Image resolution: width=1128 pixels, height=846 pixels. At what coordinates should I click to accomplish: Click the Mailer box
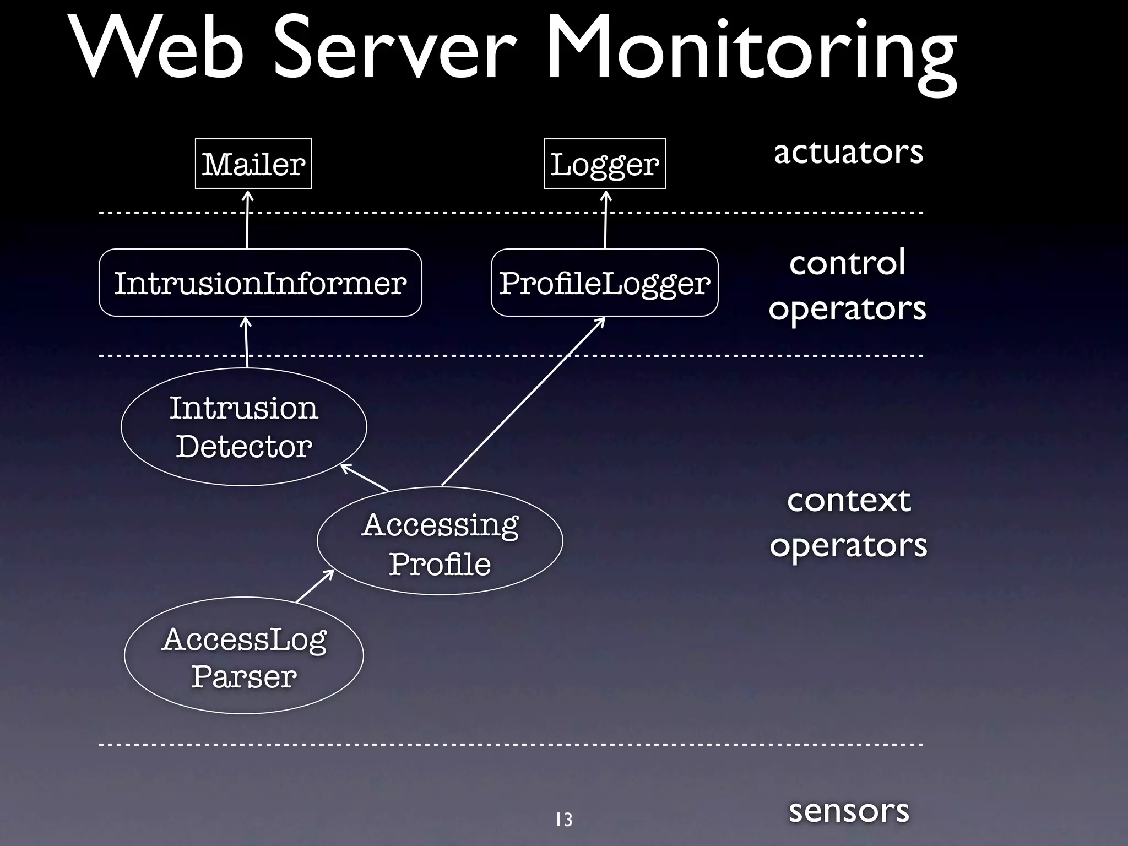tap(253, 164)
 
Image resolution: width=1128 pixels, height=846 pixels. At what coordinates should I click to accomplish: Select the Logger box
tap(604, 164)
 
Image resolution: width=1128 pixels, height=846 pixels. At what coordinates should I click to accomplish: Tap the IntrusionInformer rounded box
tap(260, 283)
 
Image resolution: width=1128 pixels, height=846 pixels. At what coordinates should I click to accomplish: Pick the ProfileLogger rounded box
tap(604, 283)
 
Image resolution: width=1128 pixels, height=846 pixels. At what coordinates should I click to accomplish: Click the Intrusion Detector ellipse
tap(243, 427)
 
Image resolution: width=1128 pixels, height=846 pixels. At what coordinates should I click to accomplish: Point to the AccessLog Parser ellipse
tap(243, 655)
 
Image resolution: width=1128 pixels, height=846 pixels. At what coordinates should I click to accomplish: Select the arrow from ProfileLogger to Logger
tap(606, 220)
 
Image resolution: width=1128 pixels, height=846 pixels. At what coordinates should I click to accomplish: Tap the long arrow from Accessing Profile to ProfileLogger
tap(523, 402)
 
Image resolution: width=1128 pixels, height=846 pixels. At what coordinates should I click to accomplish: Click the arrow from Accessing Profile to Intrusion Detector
tap(365, 478)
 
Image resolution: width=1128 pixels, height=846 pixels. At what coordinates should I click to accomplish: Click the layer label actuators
tap(848, 152)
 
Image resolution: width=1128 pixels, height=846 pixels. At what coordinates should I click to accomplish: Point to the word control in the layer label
tap(847, 263)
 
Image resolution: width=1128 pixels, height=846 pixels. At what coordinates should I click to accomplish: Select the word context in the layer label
tap(848, 500)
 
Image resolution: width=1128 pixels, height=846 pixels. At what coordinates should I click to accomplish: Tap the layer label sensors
tap(848, 810)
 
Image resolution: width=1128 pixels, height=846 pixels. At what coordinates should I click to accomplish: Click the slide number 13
tap(564, 820)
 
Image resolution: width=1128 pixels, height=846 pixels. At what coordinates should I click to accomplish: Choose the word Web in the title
tap(160, 50)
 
